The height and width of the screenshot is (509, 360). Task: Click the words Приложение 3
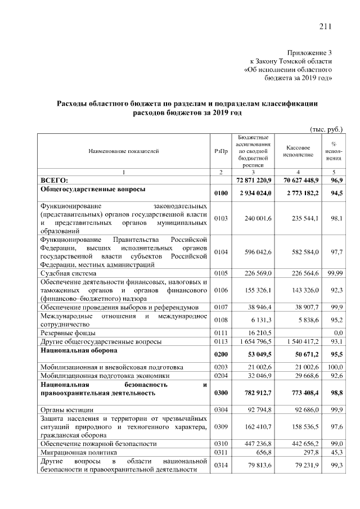pyautogui.click(x=309, y=51)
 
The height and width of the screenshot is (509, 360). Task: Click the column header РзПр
pyautogui.click(x=221, y=151)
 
